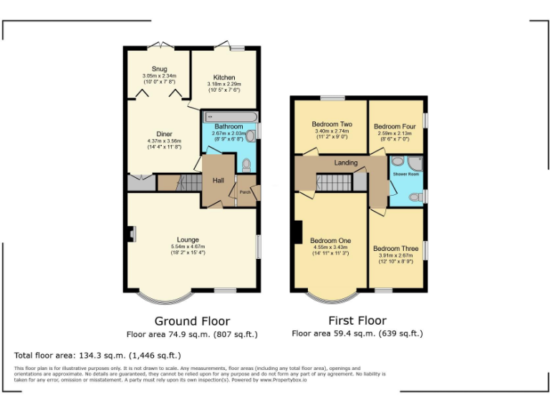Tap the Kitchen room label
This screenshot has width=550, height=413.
(x=224, y=78)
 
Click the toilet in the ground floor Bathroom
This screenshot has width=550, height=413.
(x=246, y=165)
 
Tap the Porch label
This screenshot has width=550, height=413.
(x=245, y=191)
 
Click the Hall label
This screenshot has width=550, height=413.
(x=217, y=181)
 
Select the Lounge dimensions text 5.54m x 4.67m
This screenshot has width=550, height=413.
(x=188, y=246)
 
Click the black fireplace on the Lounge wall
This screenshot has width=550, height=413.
(x=131, y=234)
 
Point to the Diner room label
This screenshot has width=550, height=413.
(x=164, y=134)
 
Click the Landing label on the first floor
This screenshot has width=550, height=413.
(x=346, y=163)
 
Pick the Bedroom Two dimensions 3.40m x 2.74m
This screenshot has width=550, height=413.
(x=331, y=131)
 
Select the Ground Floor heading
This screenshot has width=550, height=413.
(x=192, y=321)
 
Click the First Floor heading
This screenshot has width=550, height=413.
(x=357, y=321)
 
